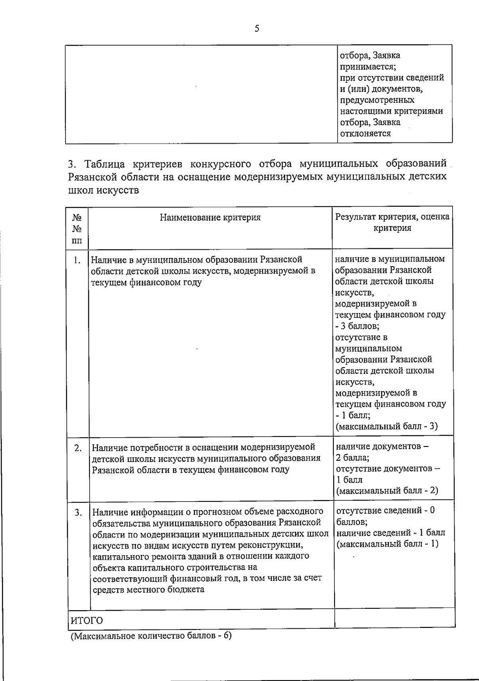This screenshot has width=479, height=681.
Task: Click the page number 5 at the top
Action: [257, 28]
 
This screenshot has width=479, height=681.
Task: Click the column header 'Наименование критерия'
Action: [210, 217]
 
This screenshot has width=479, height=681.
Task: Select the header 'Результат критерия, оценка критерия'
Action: [392, 223]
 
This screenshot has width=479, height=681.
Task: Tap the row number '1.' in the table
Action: [77, 261]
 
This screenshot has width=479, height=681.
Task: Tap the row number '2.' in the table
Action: [78, 448]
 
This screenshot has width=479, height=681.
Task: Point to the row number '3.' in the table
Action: [78, 512]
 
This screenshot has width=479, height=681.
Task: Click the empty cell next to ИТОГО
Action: [394, 618]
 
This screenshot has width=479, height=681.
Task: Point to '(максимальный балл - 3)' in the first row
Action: [386, 426]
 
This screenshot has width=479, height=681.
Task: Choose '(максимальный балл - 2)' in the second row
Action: [387, 491]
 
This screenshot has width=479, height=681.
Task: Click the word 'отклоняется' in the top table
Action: [365, 134]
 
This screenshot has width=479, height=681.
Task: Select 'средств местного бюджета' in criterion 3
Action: [148, 589]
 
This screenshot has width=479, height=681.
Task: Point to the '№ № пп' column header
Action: [77, 229]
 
